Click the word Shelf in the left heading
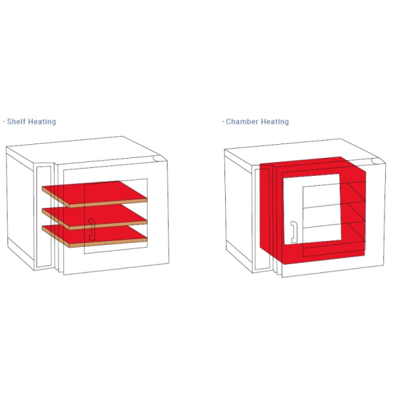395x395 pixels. [16, 122]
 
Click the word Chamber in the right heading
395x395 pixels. [242, 122]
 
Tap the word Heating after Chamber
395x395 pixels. [275, 122]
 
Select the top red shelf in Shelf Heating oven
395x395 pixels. [94, 193]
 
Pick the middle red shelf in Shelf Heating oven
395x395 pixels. [94, 216]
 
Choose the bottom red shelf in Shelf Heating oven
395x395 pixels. [94, 236]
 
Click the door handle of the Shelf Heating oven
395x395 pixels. [92, 229]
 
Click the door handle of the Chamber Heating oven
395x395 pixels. [294, 232]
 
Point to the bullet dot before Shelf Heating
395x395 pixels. [4, 122]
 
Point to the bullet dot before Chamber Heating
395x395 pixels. [223, 122]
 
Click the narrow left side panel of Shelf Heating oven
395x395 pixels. [44, 216]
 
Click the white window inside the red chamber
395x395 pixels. [312, 209]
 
